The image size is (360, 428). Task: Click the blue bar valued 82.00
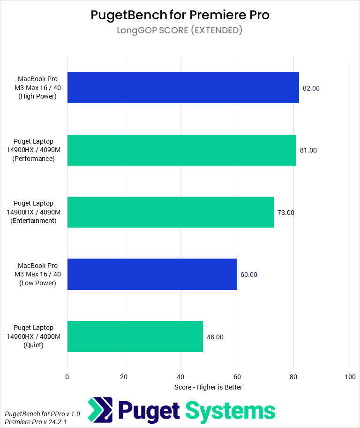183,88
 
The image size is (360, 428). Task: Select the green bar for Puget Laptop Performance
181,150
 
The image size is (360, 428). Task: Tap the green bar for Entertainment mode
170,212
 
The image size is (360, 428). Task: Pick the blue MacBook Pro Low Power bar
152,275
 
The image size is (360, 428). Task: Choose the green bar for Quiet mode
135,336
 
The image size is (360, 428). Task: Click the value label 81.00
308,150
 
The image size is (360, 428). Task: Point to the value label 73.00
286,212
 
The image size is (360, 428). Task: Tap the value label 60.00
249,275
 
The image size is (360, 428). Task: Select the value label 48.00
215,336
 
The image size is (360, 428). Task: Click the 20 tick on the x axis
124,377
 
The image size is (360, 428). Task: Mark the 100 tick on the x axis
350,377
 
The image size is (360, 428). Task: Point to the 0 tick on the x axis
67,377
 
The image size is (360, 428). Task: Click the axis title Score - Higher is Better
208,387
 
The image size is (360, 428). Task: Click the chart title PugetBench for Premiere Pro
180,15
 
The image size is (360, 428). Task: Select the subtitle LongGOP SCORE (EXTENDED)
180,31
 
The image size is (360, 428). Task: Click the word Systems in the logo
230,411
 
